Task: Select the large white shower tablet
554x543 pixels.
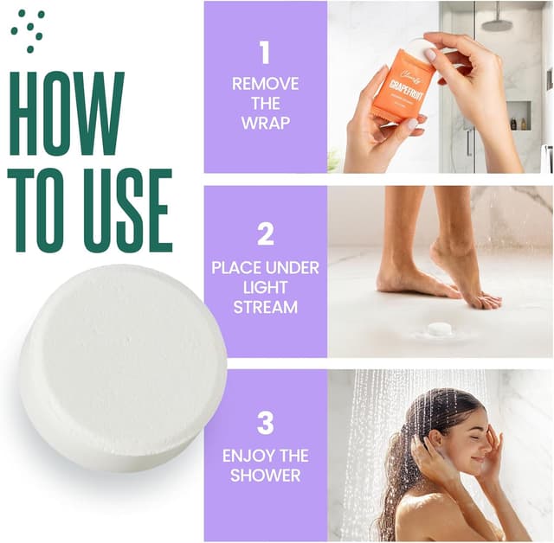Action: point(122,367)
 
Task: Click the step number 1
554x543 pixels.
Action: point(265,53)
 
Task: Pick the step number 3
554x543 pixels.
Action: point(265,423)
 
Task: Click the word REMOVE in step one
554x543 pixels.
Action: point(265,84)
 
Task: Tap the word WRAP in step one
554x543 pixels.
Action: point(265,122)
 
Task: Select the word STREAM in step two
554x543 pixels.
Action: point(265,307)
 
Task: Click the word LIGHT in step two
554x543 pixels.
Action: point(265,287)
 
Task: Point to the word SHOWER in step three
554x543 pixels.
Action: point(265,475)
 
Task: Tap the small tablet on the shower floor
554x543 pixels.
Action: point(440,329)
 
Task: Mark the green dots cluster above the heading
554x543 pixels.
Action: point(28,29)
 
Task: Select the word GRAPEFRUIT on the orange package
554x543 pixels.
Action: point(403,89)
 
